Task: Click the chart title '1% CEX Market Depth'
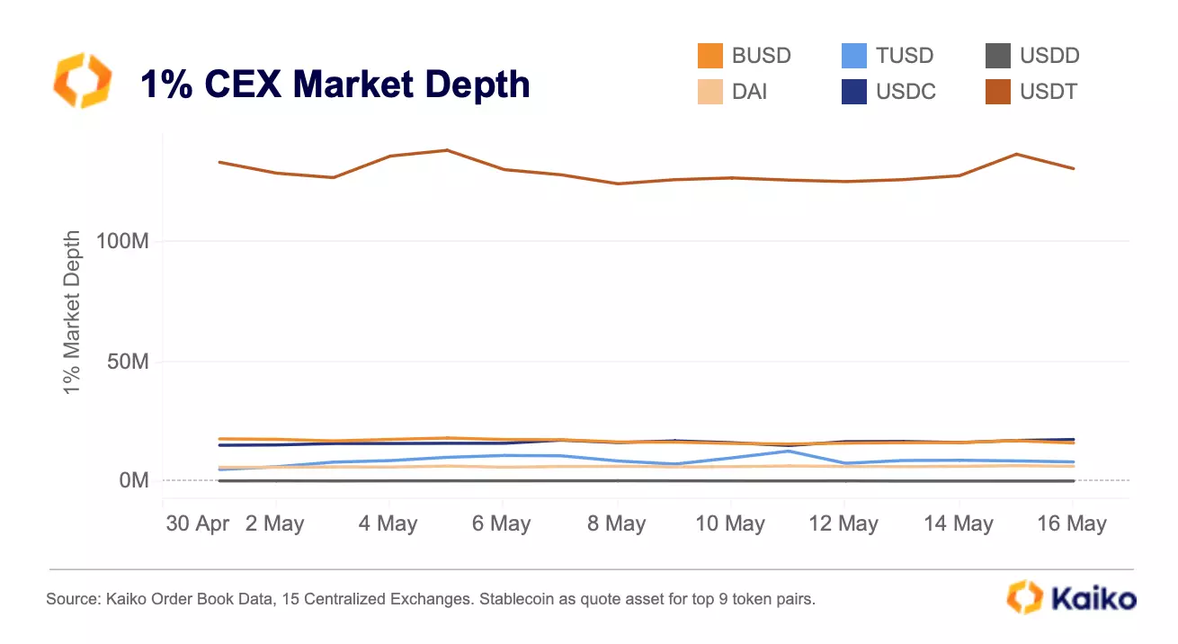[x=335, y=85]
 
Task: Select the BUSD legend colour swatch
[x=710, y=56]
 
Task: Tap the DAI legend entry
[x=732, y=92]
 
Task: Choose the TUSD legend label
[x=905, y=56]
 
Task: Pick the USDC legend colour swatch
[x=854, y=92]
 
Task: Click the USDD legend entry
[x=1032, y=56]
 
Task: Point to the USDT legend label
[x=1049, y=92]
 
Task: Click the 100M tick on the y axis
[x=122, y=241]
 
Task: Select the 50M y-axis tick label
[x=129, y=362]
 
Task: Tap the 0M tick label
[x=134, y=480]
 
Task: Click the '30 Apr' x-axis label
[x=197, y=523]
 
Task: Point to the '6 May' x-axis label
[x=501, y=523]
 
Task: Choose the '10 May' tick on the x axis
[x=730, y=523]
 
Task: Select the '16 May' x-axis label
[x=1072, y=523]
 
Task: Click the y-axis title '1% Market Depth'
[x=72, y=312]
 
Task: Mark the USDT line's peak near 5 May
[x=447, y=150]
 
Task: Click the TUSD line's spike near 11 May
[x=788, y=451]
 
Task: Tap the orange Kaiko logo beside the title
[x=83, y=81]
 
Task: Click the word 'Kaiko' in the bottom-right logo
[x=1093, y=599]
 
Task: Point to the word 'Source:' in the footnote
[x=73, y=599]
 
